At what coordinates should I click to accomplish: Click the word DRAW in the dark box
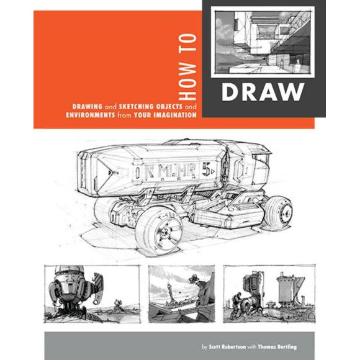tap(263, 92)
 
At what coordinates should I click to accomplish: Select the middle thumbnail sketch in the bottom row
tap(181, 292)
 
